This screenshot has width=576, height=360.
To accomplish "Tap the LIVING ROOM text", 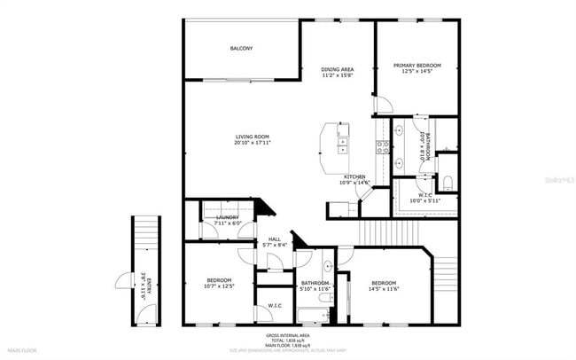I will (x=252, y=137).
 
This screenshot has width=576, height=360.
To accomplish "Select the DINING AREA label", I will (x=338, y=69).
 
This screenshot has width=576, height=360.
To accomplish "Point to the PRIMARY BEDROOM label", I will (x=417, y=65).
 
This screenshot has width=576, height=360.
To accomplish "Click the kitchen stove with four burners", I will (x=385, y=148).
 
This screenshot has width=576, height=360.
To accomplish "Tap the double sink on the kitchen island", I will (x=342, y=137).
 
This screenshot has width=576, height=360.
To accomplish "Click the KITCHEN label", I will (x=355, y=177).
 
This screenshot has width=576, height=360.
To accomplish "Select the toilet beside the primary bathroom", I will (x=449, y=183).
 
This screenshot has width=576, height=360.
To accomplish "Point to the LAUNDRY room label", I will (x=228, y=217).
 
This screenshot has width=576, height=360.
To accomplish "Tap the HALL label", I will (x=274, y=239).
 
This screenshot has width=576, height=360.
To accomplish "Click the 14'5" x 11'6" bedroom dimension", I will (x=383, y=286).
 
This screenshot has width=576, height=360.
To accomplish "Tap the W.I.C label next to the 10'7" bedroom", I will (x=274, y=306).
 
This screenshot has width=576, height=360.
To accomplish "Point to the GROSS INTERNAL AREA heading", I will (x=289, y=335).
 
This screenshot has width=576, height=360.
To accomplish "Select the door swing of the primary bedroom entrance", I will (x=382, y=106).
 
